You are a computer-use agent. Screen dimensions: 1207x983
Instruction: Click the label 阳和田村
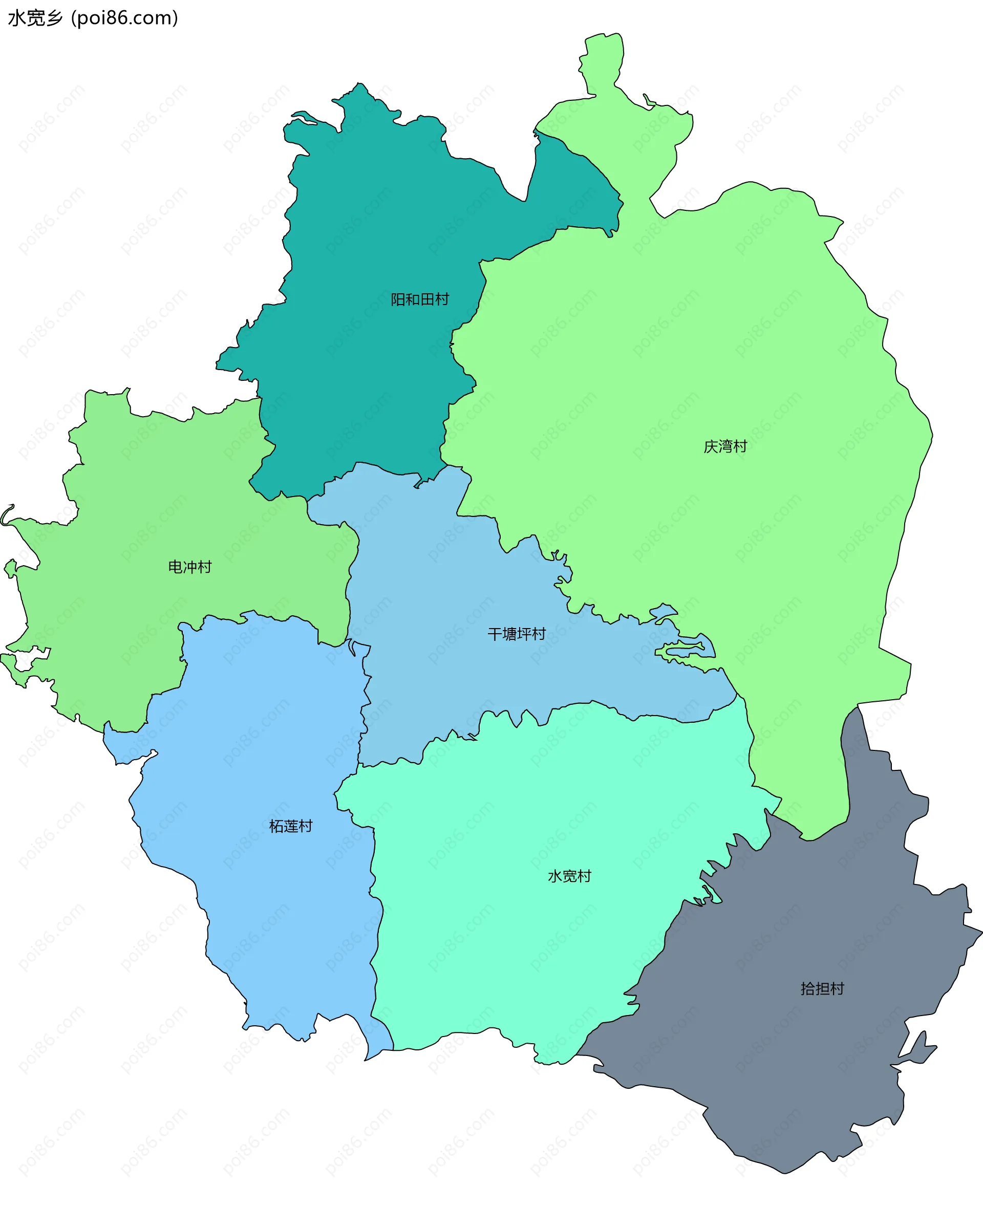click(420, 299)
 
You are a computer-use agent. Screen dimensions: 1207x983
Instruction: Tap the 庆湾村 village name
click(725, 446)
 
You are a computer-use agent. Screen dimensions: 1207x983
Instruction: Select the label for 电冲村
click(190, 566)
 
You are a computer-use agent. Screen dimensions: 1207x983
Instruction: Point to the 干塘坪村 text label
click(517, 634)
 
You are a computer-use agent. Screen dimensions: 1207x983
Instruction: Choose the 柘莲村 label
click(290, 826)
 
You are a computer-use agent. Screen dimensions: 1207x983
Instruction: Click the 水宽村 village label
click(569, 876)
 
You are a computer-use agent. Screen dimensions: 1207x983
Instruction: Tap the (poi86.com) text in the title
click(124, 18)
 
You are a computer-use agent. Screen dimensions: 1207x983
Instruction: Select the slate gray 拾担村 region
click(793, 1075)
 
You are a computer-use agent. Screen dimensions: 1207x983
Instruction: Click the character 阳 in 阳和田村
click(398, 299)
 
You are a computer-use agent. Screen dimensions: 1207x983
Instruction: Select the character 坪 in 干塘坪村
click(524, 634)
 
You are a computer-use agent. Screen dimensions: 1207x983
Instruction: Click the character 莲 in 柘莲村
click(290, 826)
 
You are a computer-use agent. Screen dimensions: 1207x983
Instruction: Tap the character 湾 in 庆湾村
click(725, 446)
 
